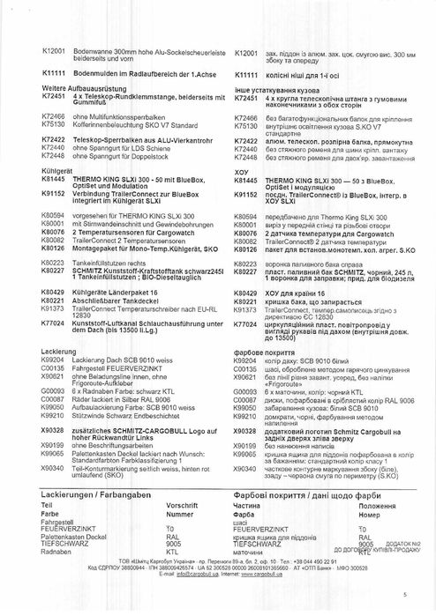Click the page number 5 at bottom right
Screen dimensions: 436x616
404,595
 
